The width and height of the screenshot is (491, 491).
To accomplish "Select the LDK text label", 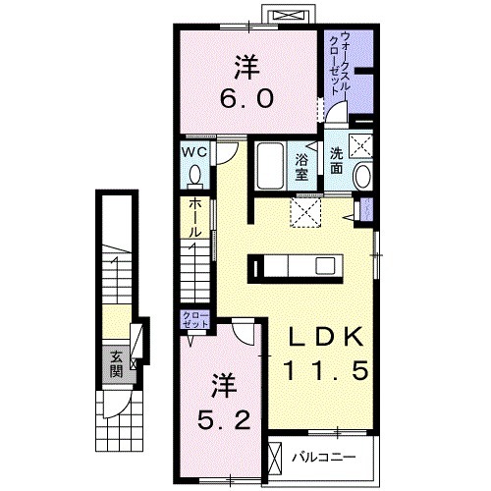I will point(327,337).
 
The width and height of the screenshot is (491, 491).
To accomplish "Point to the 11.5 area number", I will point(327,373).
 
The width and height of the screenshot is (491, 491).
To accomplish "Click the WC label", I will point(193,154).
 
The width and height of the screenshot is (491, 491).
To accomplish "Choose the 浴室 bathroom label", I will point(301,166).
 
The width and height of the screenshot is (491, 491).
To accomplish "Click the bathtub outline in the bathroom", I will point(269,167).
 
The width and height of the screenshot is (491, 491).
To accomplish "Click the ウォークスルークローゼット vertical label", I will point(338,61).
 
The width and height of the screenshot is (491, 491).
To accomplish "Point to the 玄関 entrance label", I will point(116,362).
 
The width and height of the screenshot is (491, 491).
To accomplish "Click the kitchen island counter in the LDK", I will point(296,265).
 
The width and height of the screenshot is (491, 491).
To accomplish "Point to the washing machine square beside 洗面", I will point(362,146).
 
